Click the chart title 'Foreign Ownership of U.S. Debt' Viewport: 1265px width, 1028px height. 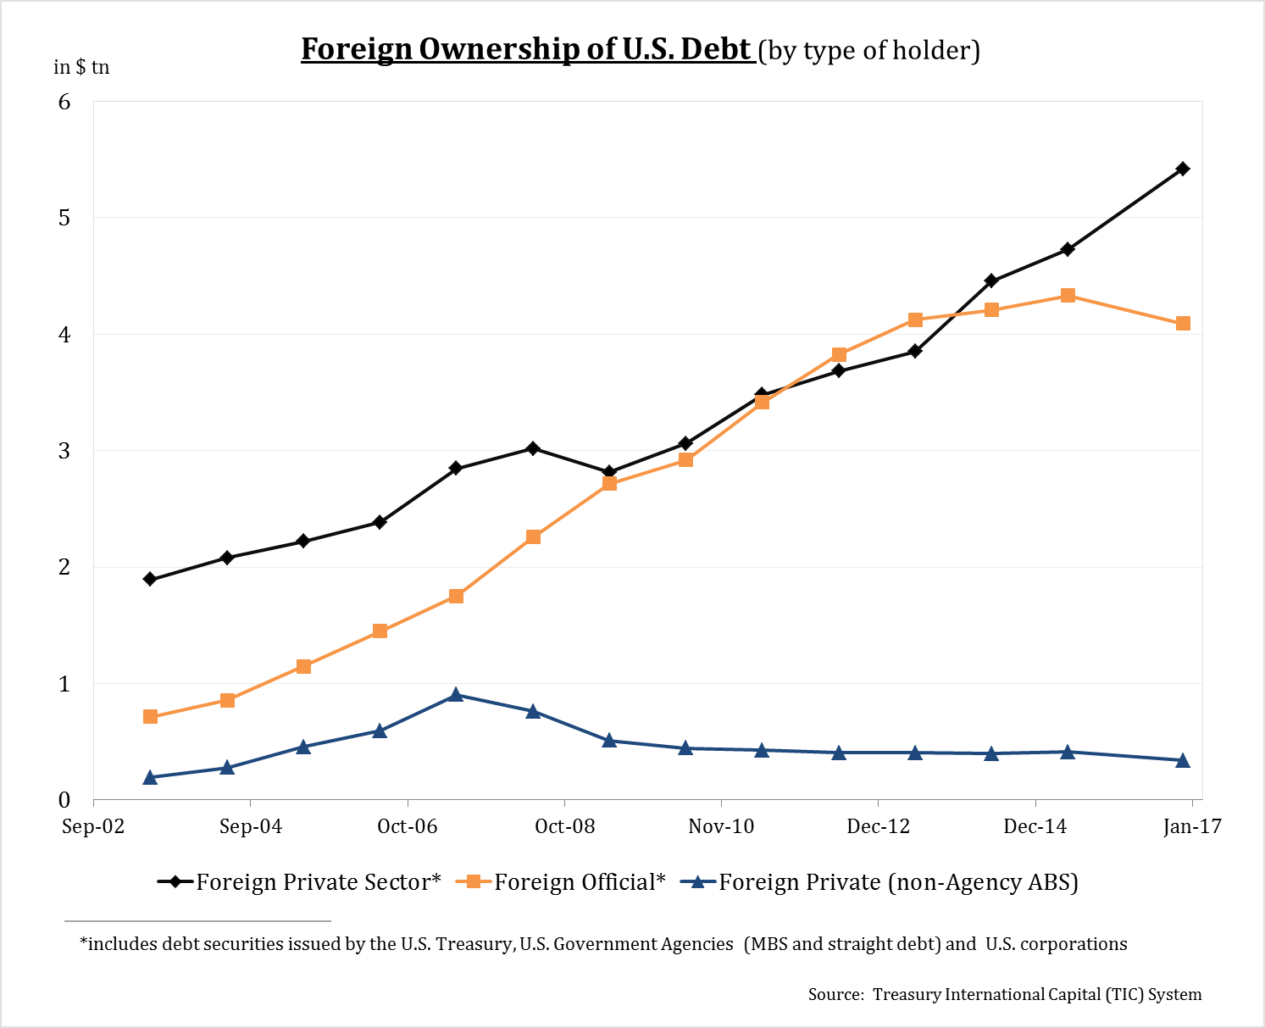pos(526,49)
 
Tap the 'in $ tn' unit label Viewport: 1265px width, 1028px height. pos(81,67)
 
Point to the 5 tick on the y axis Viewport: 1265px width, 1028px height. pos(64,218)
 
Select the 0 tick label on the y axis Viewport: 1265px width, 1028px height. pos(64,800)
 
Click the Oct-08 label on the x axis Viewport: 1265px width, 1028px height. pos(564,826)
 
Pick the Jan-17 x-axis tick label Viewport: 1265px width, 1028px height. pos(1192,826)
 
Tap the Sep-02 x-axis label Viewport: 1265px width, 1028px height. pos(93,826)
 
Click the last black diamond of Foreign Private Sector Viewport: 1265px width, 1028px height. pos(1183,169)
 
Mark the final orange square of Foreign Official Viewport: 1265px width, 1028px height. pos(1183,324)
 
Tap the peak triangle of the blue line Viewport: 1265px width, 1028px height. pos(456,695)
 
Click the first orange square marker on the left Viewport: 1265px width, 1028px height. pos(151,717)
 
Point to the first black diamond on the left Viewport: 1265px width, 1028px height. pos(151,580)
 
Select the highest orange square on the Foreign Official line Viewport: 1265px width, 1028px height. pos(1068,296)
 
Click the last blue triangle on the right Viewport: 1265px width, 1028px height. pos(1183,761)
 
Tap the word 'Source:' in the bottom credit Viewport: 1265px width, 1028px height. pos(836,995)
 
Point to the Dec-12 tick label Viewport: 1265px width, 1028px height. pos(878,826)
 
